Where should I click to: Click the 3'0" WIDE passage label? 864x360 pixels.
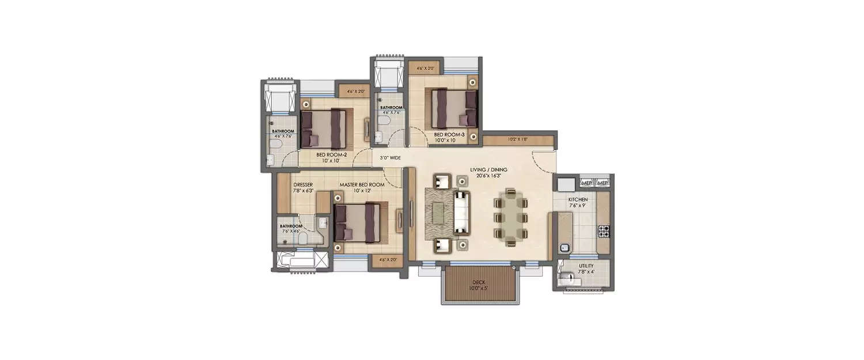(x=390, y=157)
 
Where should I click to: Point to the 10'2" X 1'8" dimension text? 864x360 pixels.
(x=518, y=139)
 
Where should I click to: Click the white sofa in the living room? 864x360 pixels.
(x=462, y=213)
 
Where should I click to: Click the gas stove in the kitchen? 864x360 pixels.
(x=604, y=232)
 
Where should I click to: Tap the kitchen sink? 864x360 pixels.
(x=564, y=248)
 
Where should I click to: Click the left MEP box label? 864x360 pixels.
(x=587, y=183)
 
